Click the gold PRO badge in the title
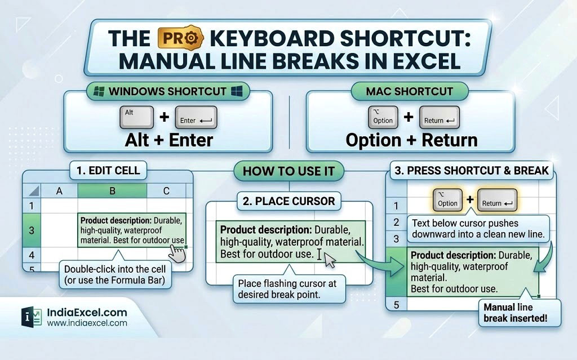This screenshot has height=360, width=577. (x=180, y=38)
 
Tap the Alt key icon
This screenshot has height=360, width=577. (x=136, y=117)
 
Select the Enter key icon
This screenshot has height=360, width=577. (x=196, y=117)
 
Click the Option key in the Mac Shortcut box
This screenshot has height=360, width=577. (x=383, y=117)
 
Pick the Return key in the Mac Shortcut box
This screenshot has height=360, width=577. (x=440, y=117)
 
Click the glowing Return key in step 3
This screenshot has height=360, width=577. (x=497, y=200)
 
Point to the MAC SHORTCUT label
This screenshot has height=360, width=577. (x=410, y=91)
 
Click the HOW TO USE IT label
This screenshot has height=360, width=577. (x=289, y=171)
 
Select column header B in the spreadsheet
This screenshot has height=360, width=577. (x=112, y=190)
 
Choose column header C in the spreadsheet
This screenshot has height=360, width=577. (x=166, y=190)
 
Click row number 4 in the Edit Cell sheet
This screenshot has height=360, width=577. (x=32, y=255)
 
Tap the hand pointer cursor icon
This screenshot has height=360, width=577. (x=177, y=254)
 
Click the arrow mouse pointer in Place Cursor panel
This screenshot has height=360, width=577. (x=329, y=260)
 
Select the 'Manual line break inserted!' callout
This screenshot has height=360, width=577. (x=520, y=313)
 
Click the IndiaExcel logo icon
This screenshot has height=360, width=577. (x=32, y=317)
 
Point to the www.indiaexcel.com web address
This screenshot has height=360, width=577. (x=87, y=323)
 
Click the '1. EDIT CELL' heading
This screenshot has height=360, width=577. (x=108, y=171)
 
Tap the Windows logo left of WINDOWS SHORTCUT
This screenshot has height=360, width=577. (x=99, y=91)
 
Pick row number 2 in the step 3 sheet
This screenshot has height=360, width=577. (x=396, y=223)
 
